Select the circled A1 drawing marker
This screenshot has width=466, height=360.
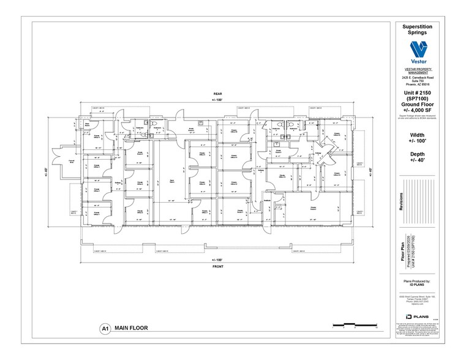click(x=105, y=328)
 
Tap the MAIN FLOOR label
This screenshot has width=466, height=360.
click(x=130, y=328)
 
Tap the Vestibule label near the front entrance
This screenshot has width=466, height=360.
click(x=267, y=203)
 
